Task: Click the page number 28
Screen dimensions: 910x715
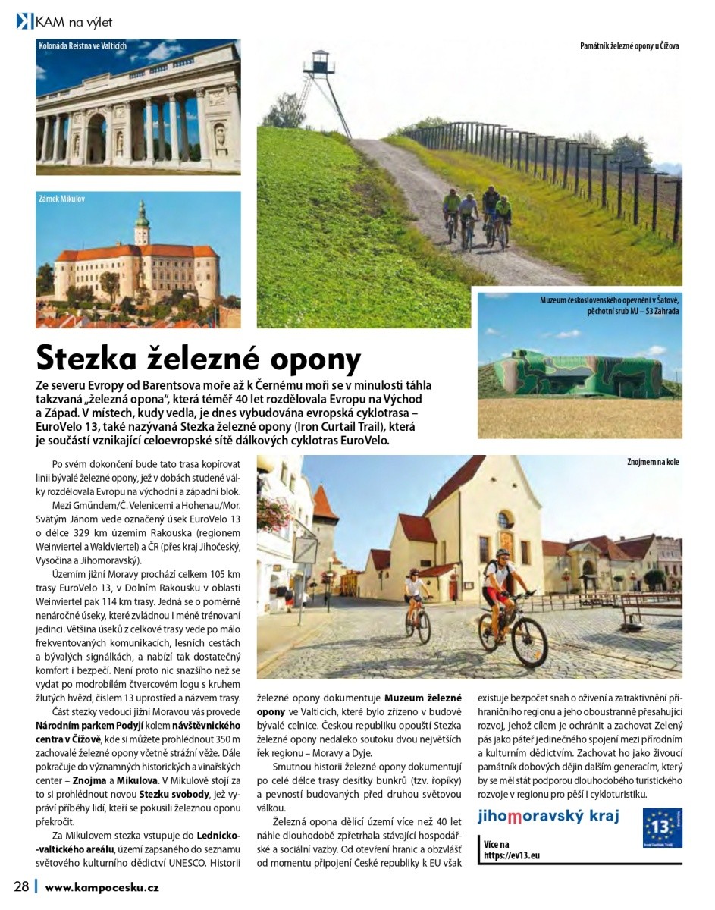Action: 20,886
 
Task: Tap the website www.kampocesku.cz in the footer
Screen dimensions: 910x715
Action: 102,886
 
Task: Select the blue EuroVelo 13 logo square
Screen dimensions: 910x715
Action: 662,827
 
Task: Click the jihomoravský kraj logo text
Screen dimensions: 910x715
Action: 547,816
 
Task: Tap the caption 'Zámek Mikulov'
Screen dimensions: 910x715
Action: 62,199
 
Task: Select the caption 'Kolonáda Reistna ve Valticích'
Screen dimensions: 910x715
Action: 82,46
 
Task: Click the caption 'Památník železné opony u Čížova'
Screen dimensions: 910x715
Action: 629,46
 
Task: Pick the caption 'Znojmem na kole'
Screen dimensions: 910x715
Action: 652,461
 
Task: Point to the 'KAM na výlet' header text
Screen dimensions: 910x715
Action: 73,22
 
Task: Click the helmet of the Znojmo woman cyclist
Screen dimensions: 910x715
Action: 415,574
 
